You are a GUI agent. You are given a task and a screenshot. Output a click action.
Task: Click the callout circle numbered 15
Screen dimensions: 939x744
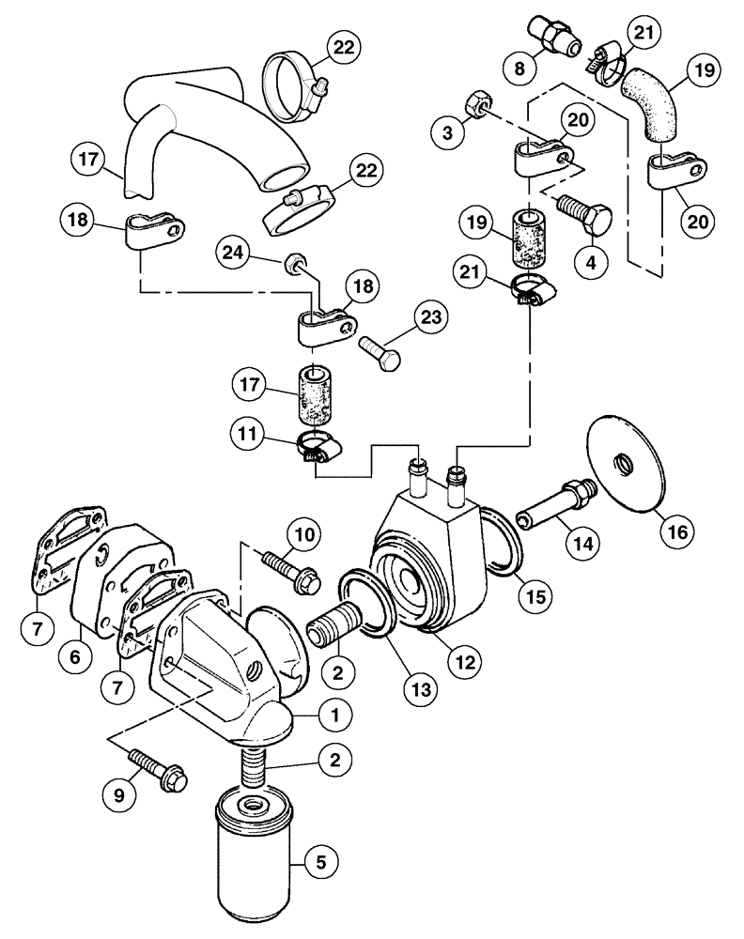(535, 594)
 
